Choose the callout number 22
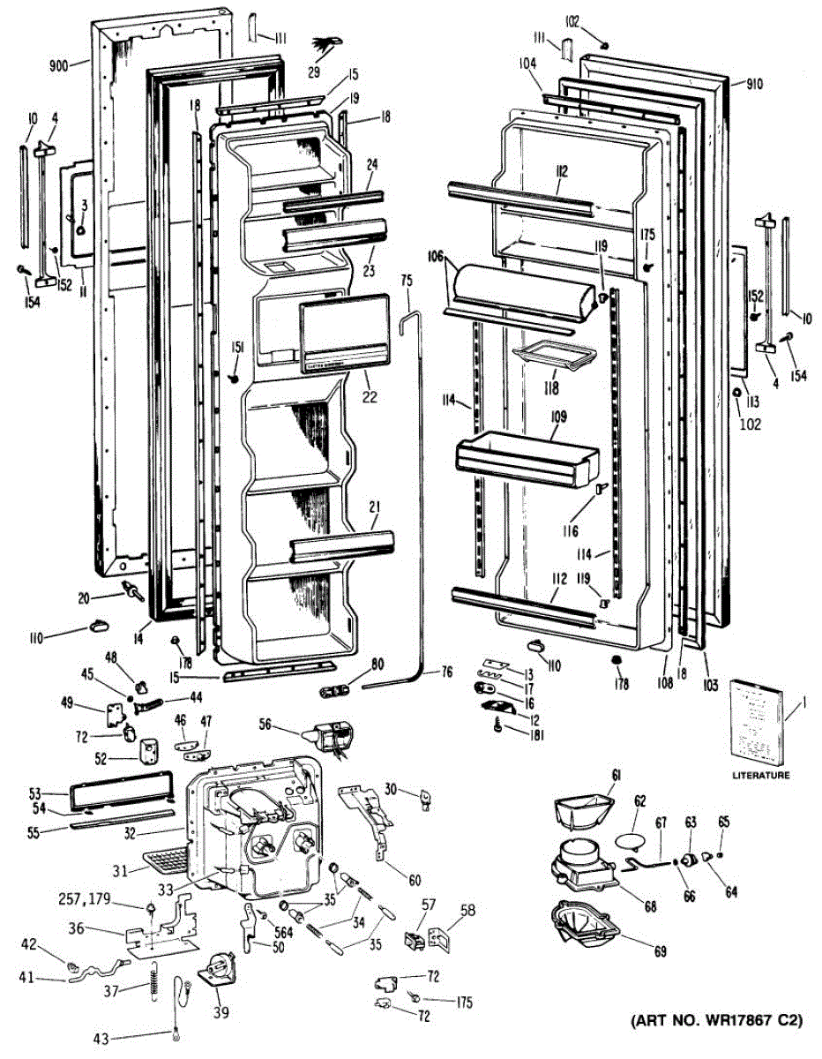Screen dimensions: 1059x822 370,398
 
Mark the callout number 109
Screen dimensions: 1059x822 557,416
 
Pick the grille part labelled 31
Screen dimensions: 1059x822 163,860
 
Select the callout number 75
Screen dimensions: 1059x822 406,280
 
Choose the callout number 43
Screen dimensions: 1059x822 103,1038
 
